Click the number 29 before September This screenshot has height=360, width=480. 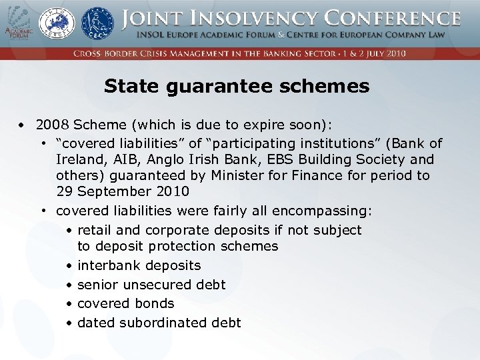pyautogui.click(x=65, y=191)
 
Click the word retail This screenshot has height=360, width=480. pyautogui.click(x=95, y=230)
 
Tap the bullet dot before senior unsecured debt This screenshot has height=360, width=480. pyautogui.click(x=69, y=285)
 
